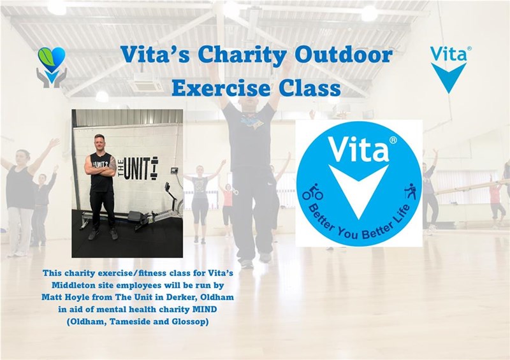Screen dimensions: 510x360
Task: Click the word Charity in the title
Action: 242,55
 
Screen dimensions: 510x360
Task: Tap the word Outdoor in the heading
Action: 343,54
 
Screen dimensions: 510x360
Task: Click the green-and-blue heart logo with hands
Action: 52,68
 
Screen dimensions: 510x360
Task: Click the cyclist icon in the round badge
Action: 312,192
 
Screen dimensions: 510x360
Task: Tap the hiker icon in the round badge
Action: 411,192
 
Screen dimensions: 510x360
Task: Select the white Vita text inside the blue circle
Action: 358,149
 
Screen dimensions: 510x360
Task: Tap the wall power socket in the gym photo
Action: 175,170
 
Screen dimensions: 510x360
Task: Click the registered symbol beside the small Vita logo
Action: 469,48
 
